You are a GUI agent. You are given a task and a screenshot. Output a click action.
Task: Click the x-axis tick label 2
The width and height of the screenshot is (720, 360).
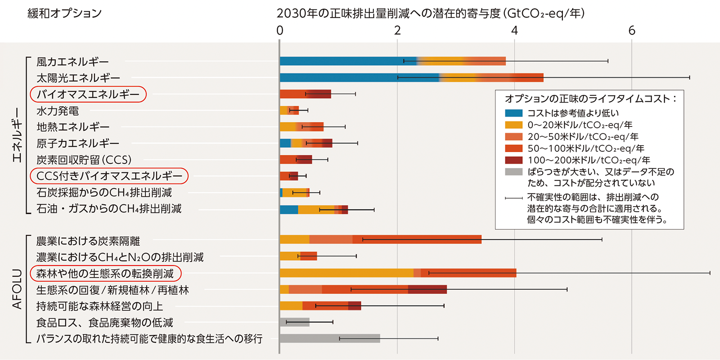tap(397, 31)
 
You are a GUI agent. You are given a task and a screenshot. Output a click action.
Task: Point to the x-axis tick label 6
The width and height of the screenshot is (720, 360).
tap(632, 31)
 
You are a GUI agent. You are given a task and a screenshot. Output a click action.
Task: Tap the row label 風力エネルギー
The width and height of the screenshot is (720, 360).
tap(72, 62)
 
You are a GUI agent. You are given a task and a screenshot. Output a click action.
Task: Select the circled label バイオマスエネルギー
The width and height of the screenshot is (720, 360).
tap(88, 94)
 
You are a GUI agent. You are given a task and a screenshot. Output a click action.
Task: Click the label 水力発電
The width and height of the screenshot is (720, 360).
tap(58, 111)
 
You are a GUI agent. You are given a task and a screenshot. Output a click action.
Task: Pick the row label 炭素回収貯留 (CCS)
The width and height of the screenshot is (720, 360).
tap(84, 160)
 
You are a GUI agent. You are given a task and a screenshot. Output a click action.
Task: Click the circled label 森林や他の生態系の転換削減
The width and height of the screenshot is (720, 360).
tap(105, 274)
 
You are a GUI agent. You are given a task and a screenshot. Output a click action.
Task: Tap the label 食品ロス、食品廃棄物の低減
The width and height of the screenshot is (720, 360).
tap(104, 323)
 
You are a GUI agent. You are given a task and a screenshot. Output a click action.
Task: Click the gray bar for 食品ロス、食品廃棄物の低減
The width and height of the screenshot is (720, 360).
tap(294, 322)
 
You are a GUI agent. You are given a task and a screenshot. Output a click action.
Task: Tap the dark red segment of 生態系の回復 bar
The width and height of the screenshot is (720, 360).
tap(427, 289)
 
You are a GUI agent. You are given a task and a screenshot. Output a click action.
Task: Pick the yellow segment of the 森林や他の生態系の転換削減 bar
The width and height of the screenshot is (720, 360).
tap(346, 273)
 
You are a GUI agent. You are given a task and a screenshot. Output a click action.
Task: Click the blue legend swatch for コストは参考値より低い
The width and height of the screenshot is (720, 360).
tap(513, 113)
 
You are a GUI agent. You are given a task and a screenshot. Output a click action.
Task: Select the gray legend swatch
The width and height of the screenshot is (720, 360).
tap(513, 172)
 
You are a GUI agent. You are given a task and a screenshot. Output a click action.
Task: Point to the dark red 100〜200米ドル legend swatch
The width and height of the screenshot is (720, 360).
tap(513, 160)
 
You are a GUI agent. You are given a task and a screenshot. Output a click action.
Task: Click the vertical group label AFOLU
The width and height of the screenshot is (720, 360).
tap(17, 289)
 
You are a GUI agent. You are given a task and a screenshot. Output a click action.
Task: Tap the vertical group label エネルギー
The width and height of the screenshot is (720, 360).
tap(17, 135)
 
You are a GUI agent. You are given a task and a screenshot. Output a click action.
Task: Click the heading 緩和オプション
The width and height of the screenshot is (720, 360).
tap(65, 13)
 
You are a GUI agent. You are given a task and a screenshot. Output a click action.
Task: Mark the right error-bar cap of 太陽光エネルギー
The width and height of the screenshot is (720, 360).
tap(689, 77)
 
